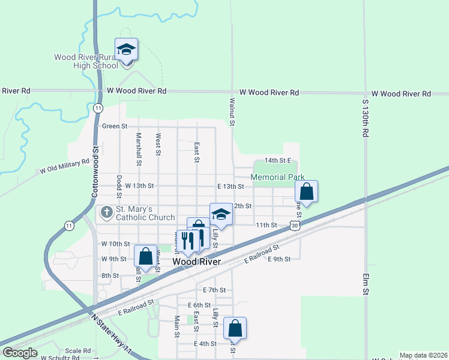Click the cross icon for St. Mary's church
(x=106, y=212)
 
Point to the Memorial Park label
(x=277, y=178)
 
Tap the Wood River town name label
(x=196, y=262)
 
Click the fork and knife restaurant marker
(x=188, y=241)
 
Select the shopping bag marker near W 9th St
(x=145, y=256)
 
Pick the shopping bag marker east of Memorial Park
(x=306, y=192)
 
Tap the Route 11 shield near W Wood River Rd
(x=98, y=107)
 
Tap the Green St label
(x=115, y=126)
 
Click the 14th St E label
(x=278, y=161)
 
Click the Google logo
(x=20, y=353)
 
